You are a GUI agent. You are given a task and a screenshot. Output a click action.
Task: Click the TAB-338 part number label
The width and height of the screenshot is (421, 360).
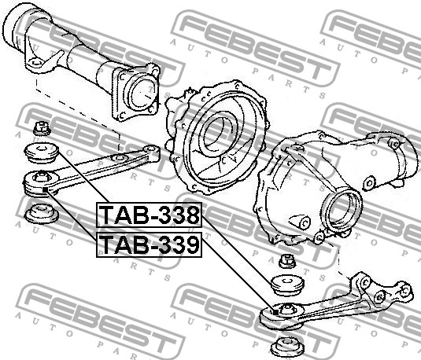[149, 215]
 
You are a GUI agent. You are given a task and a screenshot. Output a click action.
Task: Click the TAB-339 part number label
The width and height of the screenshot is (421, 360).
[149, 245]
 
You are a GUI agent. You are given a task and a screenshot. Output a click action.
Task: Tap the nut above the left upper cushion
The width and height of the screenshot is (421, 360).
[42, 128]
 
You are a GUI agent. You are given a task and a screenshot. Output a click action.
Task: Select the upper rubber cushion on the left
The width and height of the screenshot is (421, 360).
[42, 152]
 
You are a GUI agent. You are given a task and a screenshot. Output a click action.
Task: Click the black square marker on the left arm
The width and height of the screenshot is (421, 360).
[46, 189]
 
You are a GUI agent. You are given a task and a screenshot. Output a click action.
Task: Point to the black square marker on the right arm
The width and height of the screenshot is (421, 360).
[275, 312]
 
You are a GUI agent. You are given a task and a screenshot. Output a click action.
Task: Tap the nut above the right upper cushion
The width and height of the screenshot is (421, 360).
[287, 261]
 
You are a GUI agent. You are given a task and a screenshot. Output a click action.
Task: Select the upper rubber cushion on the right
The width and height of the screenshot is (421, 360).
[287, 285]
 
